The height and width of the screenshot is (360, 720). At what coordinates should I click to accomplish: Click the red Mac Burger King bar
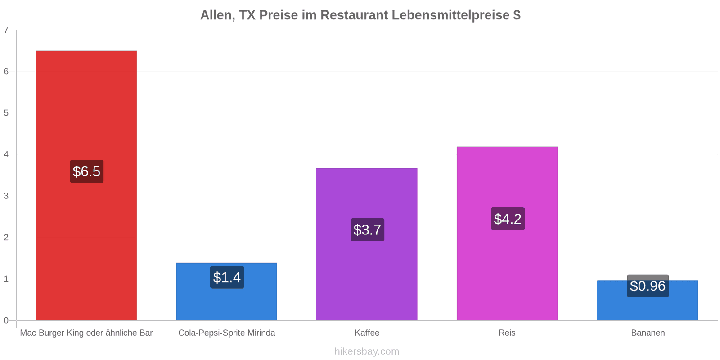point(86,185)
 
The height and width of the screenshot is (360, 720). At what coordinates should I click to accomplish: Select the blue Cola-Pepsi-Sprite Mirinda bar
point(227,292)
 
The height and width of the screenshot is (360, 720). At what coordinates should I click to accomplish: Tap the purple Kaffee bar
point(367,244)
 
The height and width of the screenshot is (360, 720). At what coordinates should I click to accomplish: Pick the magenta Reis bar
point(507,234)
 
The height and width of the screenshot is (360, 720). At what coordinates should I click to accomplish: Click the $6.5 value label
point(86,171)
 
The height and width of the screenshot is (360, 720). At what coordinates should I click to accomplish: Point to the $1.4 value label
point(227,277)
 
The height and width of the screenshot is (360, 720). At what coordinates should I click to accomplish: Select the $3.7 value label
point(367,229)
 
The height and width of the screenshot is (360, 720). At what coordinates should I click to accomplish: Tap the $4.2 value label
point(508,219)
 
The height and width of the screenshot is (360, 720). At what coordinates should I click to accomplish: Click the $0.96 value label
point(648,286)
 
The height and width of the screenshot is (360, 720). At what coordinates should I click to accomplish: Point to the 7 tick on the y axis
point(6,30)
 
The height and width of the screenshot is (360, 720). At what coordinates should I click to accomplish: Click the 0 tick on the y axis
point(6,320)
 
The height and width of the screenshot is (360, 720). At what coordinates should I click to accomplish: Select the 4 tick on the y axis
point(6,154)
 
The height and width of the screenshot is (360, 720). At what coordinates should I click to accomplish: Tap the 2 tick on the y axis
point(6,237)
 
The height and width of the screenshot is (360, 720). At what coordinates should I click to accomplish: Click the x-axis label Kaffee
point(367,333)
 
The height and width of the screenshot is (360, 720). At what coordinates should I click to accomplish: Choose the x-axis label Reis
point(507,333)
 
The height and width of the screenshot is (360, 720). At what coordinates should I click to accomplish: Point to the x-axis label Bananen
point(648,333)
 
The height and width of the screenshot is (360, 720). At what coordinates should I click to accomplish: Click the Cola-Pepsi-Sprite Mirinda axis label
point(227,333)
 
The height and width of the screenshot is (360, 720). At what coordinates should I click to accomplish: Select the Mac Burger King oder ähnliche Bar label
point(86,333)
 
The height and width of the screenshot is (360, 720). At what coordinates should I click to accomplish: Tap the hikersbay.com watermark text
point(367,351)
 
